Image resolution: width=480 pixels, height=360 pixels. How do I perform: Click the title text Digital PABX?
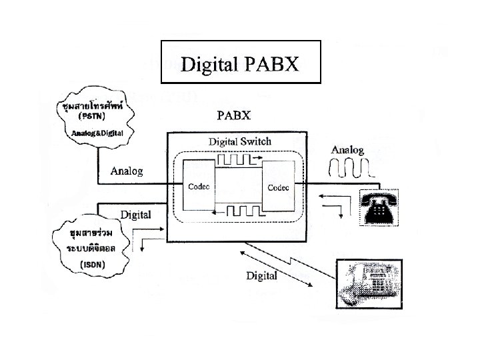click(240, 65)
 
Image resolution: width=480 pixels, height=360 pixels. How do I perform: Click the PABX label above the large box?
click(234, 115)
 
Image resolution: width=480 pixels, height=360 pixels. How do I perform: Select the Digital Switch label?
click(240, 141)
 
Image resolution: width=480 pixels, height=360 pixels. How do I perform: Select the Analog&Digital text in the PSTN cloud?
click(97, 133)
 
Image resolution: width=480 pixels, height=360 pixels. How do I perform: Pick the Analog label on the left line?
click(127, 171)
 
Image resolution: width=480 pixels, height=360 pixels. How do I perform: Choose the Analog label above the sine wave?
click(347, 150)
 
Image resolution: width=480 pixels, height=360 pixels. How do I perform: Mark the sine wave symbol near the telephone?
click(353, 169)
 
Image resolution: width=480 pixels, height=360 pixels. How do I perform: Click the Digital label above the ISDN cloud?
click(135, 215)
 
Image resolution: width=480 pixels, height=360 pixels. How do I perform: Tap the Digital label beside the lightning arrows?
click(262, 275)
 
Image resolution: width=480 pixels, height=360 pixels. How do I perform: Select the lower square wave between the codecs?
click(238, 211)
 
